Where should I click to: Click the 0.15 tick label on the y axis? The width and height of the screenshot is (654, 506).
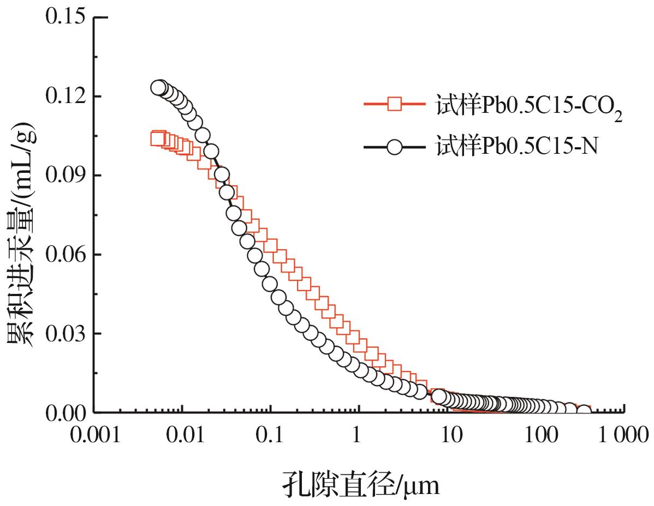[64, 17]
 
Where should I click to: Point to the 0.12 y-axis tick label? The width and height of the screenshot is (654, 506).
[64, 97]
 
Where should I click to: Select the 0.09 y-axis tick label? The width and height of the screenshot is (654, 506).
[64, 176]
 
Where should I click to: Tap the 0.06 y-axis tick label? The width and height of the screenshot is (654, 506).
[64, 255]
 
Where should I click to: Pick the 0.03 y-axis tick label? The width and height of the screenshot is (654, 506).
[64, 334]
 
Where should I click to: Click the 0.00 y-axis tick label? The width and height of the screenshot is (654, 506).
[64, 413]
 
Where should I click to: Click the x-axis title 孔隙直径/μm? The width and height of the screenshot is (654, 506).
[360, 483]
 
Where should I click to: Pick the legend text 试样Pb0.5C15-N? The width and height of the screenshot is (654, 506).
[516, 147]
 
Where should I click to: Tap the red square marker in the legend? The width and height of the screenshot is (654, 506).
[395, 104]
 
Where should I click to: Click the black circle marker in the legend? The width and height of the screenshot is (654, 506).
[395, 147]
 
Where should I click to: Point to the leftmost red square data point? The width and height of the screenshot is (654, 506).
[157, 138]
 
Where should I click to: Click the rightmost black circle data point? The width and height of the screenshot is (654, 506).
[584, 411]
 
